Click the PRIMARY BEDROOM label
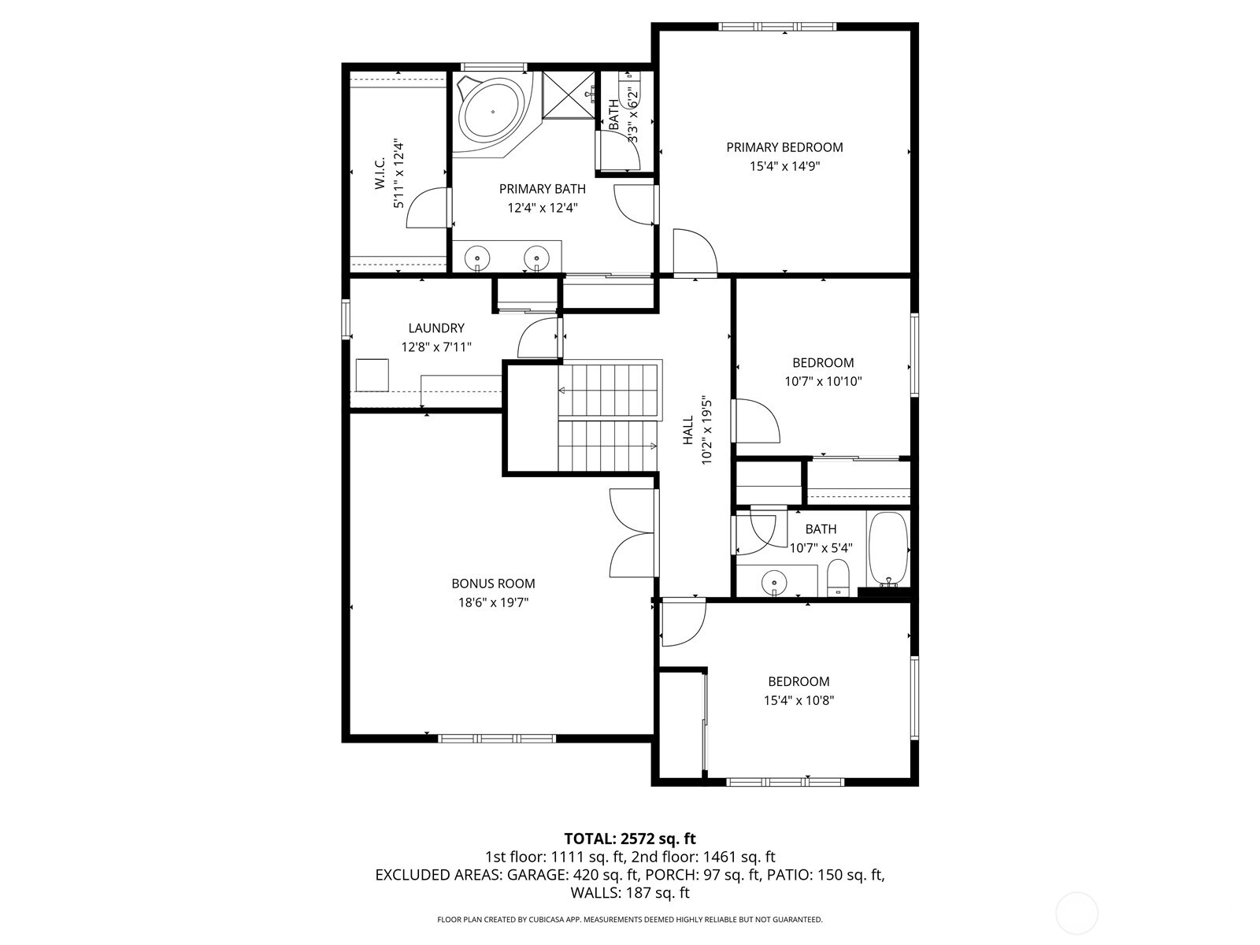point(784,147)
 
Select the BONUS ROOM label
point(493,584)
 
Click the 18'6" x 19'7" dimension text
point(493,602)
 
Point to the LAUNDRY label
point(436,328)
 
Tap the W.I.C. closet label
point(380,174)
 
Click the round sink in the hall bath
point(775,583)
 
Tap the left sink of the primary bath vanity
point(477,257)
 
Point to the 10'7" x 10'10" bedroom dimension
point(823,382)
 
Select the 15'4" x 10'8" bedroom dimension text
point(799,701)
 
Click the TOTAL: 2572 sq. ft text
point(630,839)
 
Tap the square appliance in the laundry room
point(372,375)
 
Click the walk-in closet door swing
point(428,209)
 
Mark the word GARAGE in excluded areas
point(535,875)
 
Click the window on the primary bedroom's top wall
point(778,28)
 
